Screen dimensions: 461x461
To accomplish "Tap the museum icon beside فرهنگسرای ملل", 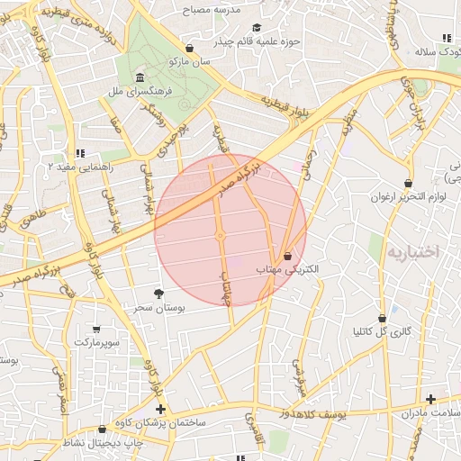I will [140, 77].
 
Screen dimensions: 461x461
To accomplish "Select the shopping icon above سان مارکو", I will [189, 48].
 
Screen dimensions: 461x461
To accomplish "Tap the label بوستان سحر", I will [158, 309].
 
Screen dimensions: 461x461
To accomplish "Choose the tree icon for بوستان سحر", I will [159, 294].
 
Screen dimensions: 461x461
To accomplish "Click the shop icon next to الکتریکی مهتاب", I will [287, 257].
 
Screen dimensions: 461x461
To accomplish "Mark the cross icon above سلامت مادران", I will [430, 399].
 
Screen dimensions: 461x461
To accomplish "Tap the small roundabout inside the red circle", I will [220, 237].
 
